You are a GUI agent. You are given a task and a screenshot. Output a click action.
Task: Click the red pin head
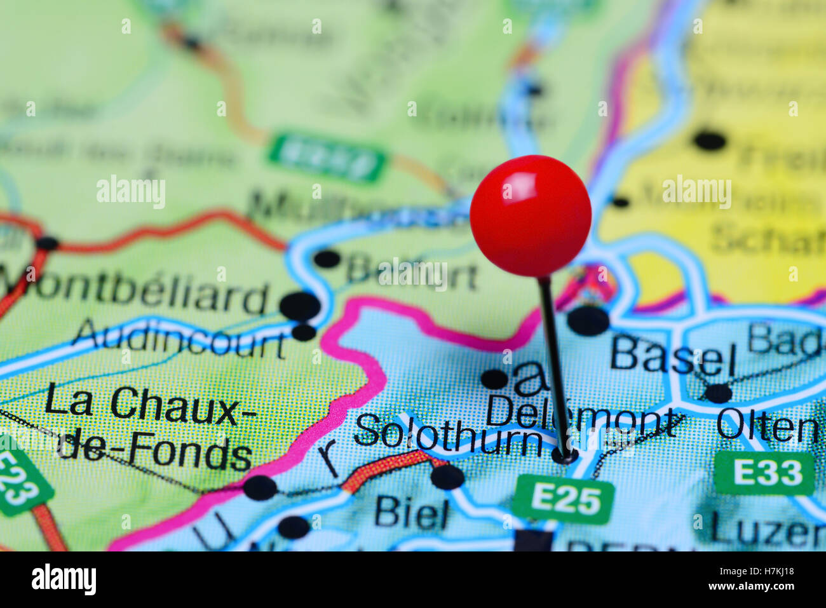531,215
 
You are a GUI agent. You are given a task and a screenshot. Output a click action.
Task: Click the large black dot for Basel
588,320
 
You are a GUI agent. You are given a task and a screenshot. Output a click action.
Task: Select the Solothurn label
447,434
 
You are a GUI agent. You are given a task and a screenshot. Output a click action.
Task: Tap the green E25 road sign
564,500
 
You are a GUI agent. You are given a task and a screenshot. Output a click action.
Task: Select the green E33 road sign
764,473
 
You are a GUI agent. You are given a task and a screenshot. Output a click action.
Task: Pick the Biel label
412,513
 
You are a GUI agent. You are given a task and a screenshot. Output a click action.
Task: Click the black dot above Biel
447,476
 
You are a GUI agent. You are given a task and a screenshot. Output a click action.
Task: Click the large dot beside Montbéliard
300,306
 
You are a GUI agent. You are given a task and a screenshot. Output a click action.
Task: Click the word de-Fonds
156,452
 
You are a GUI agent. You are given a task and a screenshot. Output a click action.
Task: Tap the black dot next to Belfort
327,259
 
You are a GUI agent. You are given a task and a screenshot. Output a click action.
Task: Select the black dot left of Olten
719,393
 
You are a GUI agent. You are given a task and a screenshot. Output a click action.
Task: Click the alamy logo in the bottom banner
64,579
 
